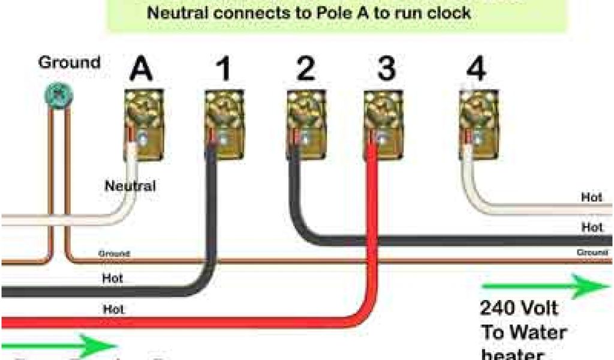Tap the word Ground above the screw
pos(69,62)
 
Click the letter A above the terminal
pos(142,70)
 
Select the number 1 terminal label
pos(223,70)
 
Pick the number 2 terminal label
pos(305,70)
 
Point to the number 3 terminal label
pos(386,70)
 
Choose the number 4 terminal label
pos(477,70)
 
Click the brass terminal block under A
pos(144,124)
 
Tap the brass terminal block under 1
pos(225,124)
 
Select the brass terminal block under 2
pos(306,124)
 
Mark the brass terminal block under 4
pos(479,124)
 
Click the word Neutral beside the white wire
pos(130,186)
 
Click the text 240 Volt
pos(519,309)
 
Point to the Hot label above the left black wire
pos(113,278)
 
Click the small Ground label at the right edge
pos(592,253)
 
